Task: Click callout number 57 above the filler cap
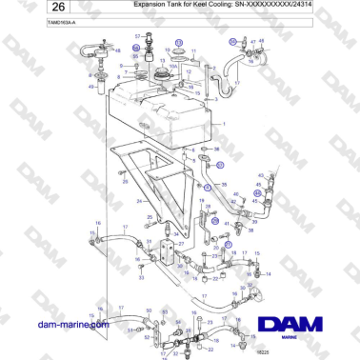137,35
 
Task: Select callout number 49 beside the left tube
90,85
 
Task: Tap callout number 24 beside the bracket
139,201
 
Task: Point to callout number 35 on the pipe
222,163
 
